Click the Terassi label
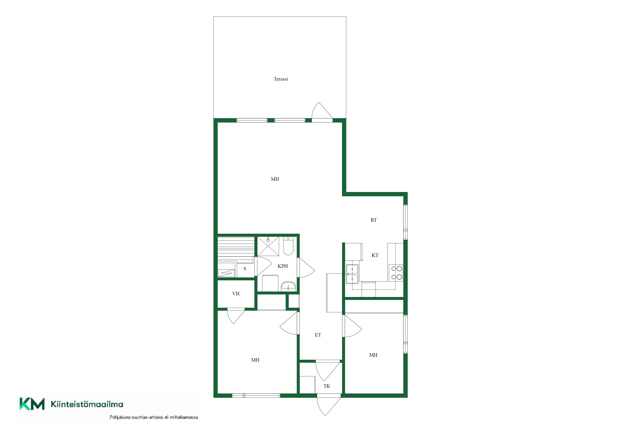tap(281, 79)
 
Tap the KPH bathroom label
tap(283, 266)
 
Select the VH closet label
tap(236, 294)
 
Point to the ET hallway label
tap(318, 335)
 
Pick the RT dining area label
tap(374, 220)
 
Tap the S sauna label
tap(245, 269)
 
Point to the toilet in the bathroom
tap(288, 246)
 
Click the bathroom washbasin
tap(288, 286)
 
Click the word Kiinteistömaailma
tap(87, 404)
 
